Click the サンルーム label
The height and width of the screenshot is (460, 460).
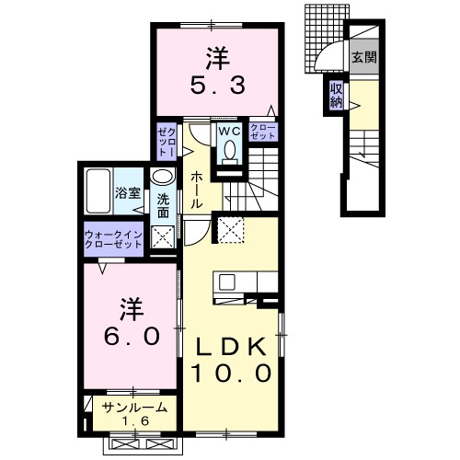(134, 406)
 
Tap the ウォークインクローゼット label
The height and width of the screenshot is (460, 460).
(114, 239)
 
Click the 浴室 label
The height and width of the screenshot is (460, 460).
(128, 193)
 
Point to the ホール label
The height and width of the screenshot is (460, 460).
(197, 189)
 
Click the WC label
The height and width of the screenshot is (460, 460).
(228, 132)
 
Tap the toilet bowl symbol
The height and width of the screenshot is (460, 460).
(229, 150)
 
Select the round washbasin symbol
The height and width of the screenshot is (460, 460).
(163, 178)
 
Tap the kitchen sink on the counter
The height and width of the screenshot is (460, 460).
(225, 282)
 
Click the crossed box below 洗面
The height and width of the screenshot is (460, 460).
(162, 238)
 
